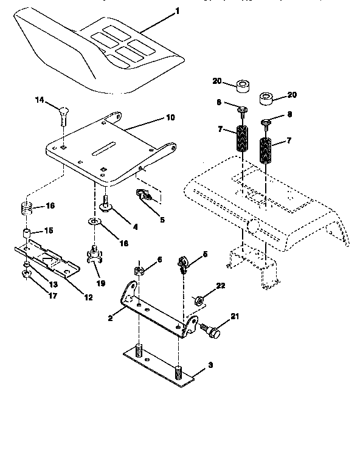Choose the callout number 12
tap(89, 297)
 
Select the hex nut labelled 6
tap(139, 269)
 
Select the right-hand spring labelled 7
tap(266, 150)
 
